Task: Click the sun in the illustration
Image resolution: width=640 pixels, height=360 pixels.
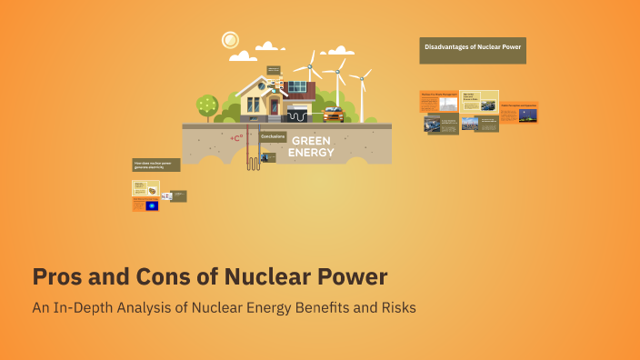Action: point(230,40)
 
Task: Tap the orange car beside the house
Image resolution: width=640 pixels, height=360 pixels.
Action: point(334,114)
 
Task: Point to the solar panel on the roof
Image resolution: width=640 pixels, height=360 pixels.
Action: point(296,87)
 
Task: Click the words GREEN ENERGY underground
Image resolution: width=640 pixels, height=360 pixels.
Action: point(311,146)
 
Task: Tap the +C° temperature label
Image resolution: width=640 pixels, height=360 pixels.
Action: point(236,138)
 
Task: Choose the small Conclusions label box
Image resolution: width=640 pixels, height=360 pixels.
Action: point(273,136)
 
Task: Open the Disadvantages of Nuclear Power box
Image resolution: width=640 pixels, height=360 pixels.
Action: point(473,50)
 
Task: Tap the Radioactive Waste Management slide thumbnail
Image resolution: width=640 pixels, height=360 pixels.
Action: point(439,101)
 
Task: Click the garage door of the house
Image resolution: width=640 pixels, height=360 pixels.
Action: point(297,115)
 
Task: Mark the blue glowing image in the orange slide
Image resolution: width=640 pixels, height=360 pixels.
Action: point(151,205)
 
